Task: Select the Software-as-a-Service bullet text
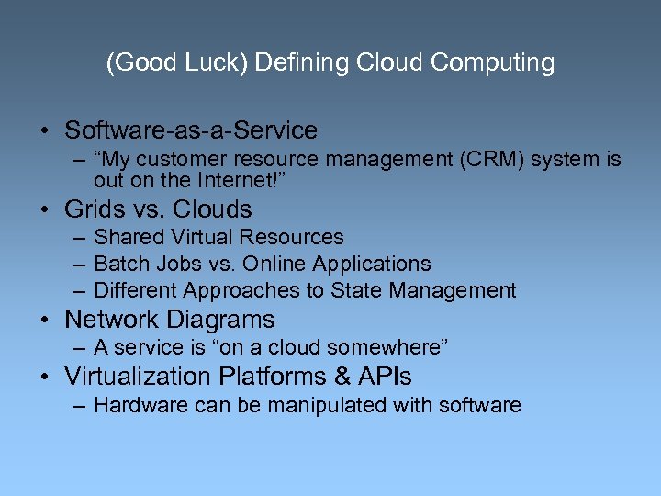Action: pos(191,130)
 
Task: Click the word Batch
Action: pos(120,264)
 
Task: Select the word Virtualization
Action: pos(138,377)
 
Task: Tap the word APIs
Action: pos(387,377)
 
